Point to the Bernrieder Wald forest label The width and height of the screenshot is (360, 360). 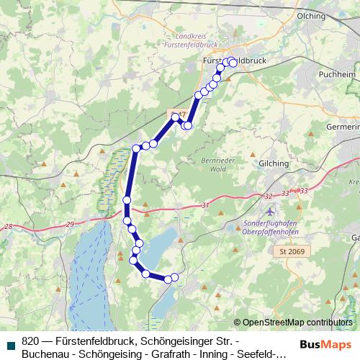pos(214,164)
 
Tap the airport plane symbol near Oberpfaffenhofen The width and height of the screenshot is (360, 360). pos(269,212)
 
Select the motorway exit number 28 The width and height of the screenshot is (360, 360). pos(8,227)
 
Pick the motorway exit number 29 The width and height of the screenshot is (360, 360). pos(69,225)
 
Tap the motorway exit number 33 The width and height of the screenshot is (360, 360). pos(302,191)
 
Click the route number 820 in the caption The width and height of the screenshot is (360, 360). pos(31,341)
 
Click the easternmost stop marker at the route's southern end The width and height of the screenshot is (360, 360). pos(174,278)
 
